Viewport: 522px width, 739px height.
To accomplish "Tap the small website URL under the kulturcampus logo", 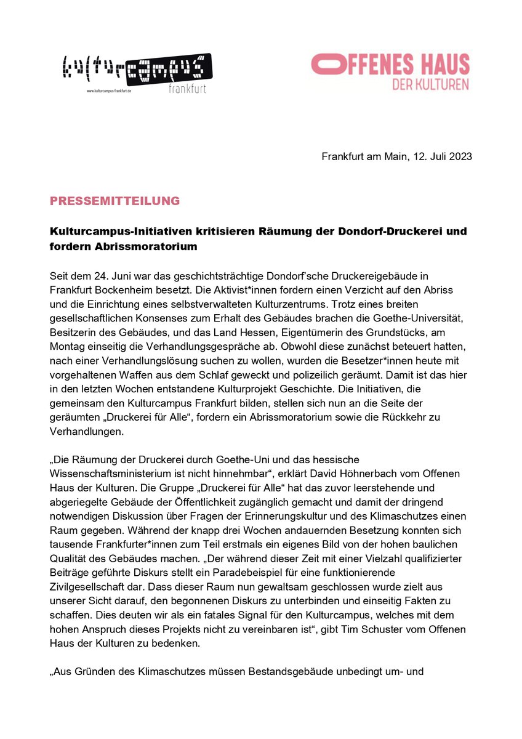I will coord(113,91).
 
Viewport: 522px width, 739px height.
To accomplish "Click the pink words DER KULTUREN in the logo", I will coord(430,84).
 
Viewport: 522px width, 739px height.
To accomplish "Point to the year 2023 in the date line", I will coord(460,156).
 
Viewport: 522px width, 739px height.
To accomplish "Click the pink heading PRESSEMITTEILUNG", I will coord(114,201).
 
